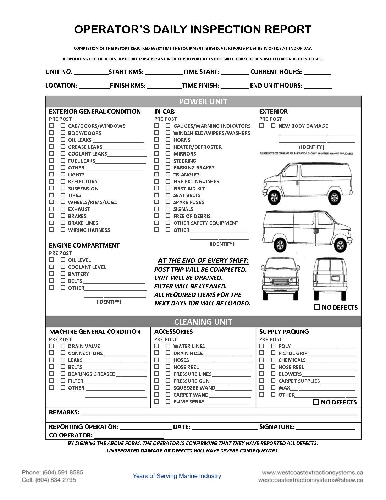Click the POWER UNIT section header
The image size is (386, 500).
point(203,102)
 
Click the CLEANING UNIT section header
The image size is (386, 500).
point(203,322)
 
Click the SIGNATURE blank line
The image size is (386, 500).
point(325,427)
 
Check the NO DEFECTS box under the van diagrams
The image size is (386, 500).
point(317,307)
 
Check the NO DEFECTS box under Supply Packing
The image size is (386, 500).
point(316,402)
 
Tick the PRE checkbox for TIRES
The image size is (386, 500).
point(52,195)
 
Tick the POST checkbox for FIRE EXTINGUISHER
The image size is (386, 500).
point(168,181)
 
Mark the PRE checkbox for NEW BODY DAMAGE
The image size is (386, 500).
point(262,126)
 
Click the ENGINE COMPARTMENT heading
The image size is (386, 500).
point(84,245)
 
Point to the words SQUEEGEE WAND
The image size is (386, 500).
point(194,388)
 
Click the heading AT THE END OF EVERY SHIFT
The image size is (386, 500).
point(203,261)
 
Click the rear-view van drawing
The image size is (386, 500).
point(330,279)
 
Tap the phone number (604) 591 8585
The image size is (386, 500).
point(63,472)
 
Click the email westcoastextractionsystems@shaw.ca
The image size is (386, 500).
point(310,480)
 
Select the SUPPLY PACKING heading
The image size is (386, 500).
point(284,332)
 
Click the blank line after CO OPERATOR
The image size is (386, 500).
point(129,435)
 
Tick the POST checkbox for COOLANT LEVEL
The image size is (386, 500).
point(63,267)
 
